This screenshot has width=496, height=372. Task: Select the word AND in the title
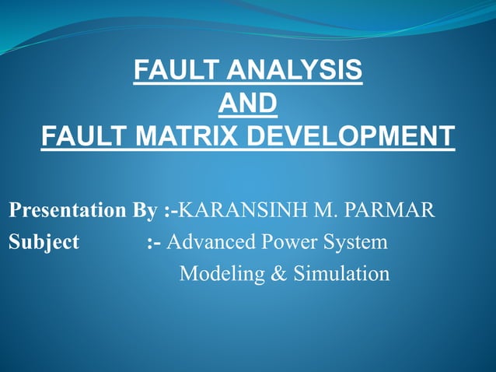tap(248, 104)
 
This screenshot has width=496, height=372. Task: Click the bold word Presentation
tap(65, 211)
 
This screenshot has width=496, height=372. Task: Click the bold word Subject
tap(44, 243)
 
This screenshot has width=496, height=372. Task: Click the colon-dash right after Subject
tap(154, 243)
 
